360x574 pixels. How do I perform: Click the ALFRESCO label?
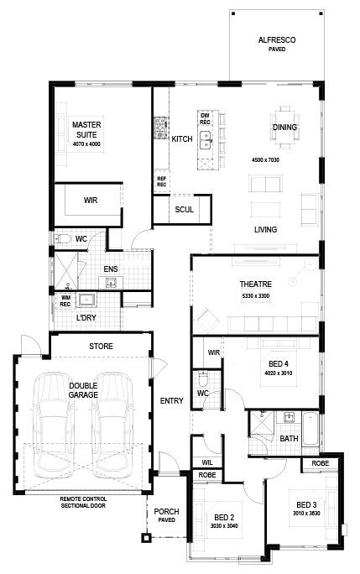coord(276,39)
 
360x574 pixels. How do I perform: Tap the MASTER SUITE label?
coord(86,129)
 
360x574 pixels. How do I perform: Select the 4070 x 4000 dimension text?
coord(86,145)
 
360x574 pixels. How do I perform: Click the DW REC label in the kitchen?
coord(204,118)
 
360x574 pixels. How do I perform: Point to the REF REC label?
coord(161,181)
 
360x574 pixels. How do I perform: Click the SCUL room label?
coord(184,210)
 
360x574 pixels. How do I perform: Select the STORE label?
coord(102,346)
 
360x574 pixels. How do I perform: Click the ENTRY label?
coord(171,401)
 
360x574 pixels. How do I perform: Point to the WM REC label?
coord(65,300)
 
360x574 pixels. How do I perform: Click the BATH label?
coord(289,439)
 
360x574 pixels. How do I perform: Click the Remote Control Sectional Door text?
coord(94,502)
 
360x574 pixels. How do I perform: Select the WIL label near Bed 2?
coord(206,462)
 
